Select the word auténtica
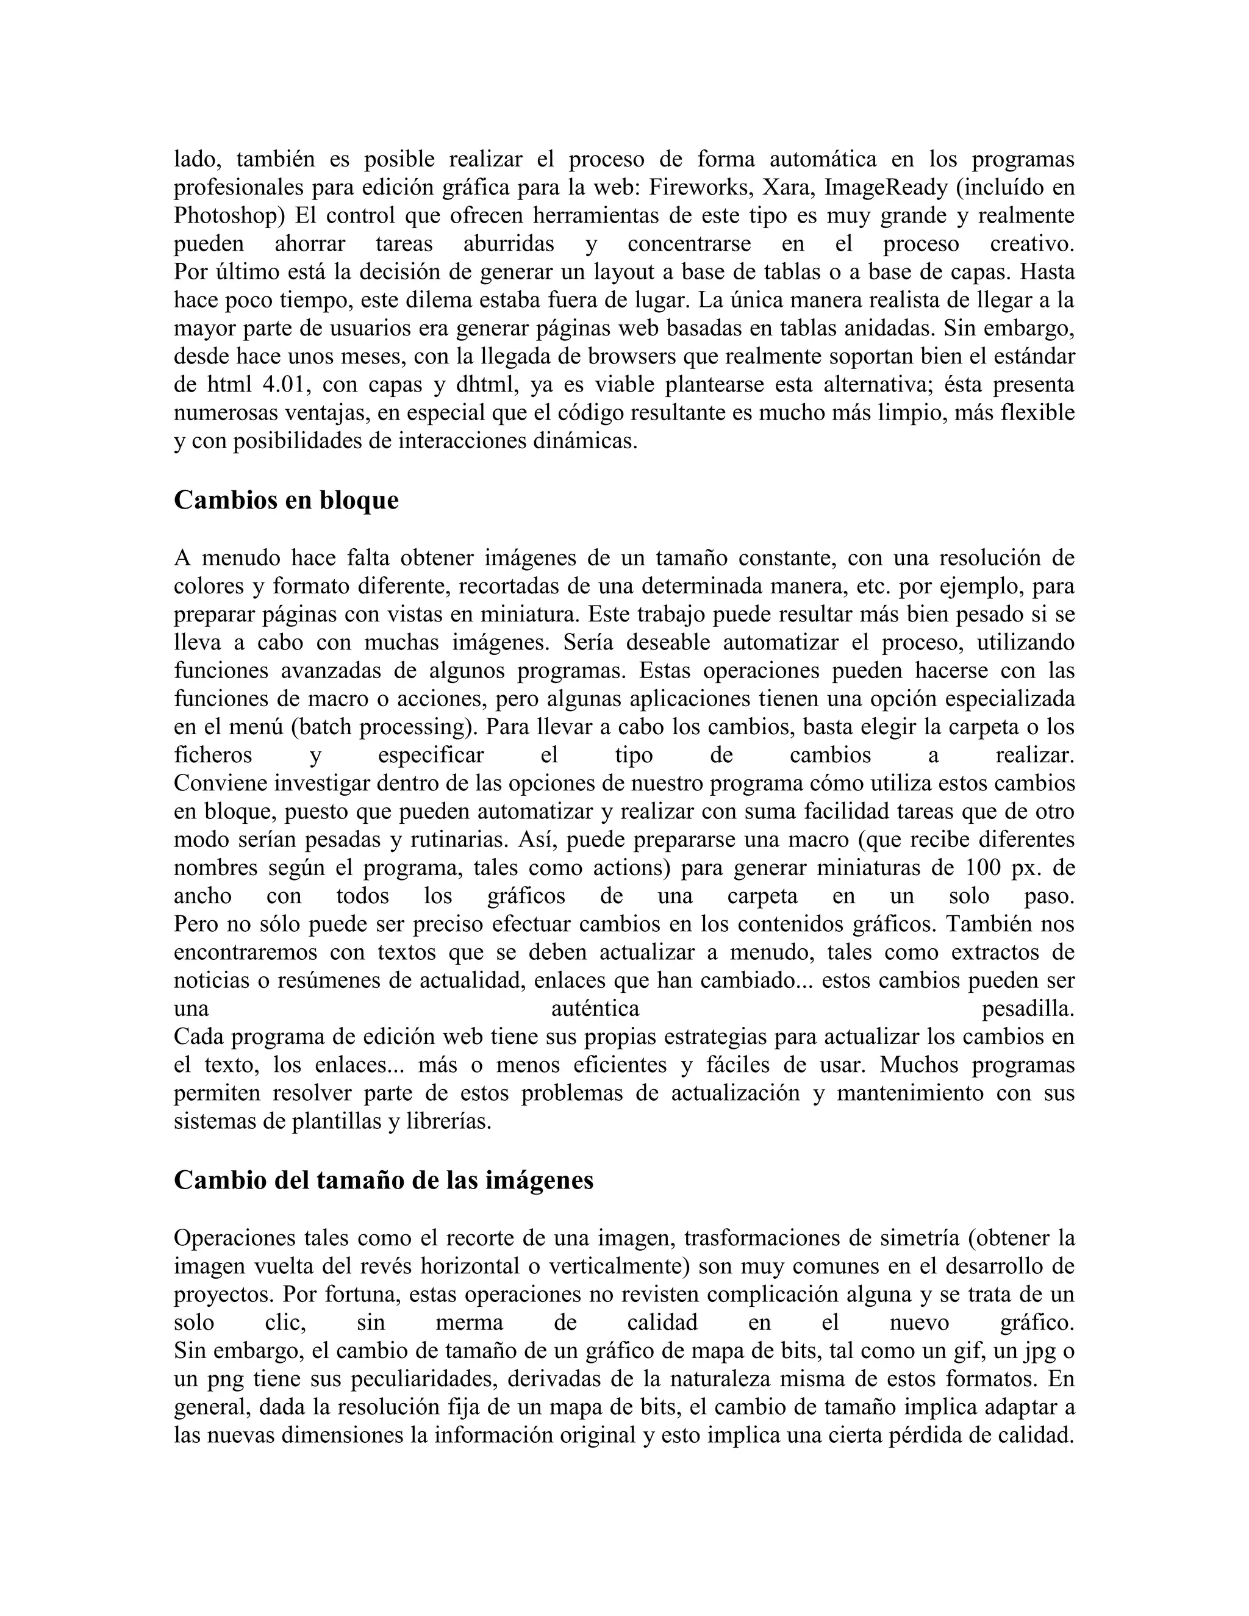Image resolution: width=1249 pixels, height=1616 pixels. pos(596,1009)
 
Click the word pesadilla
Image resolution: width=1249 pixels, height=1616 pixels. pos(1028,1009)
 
